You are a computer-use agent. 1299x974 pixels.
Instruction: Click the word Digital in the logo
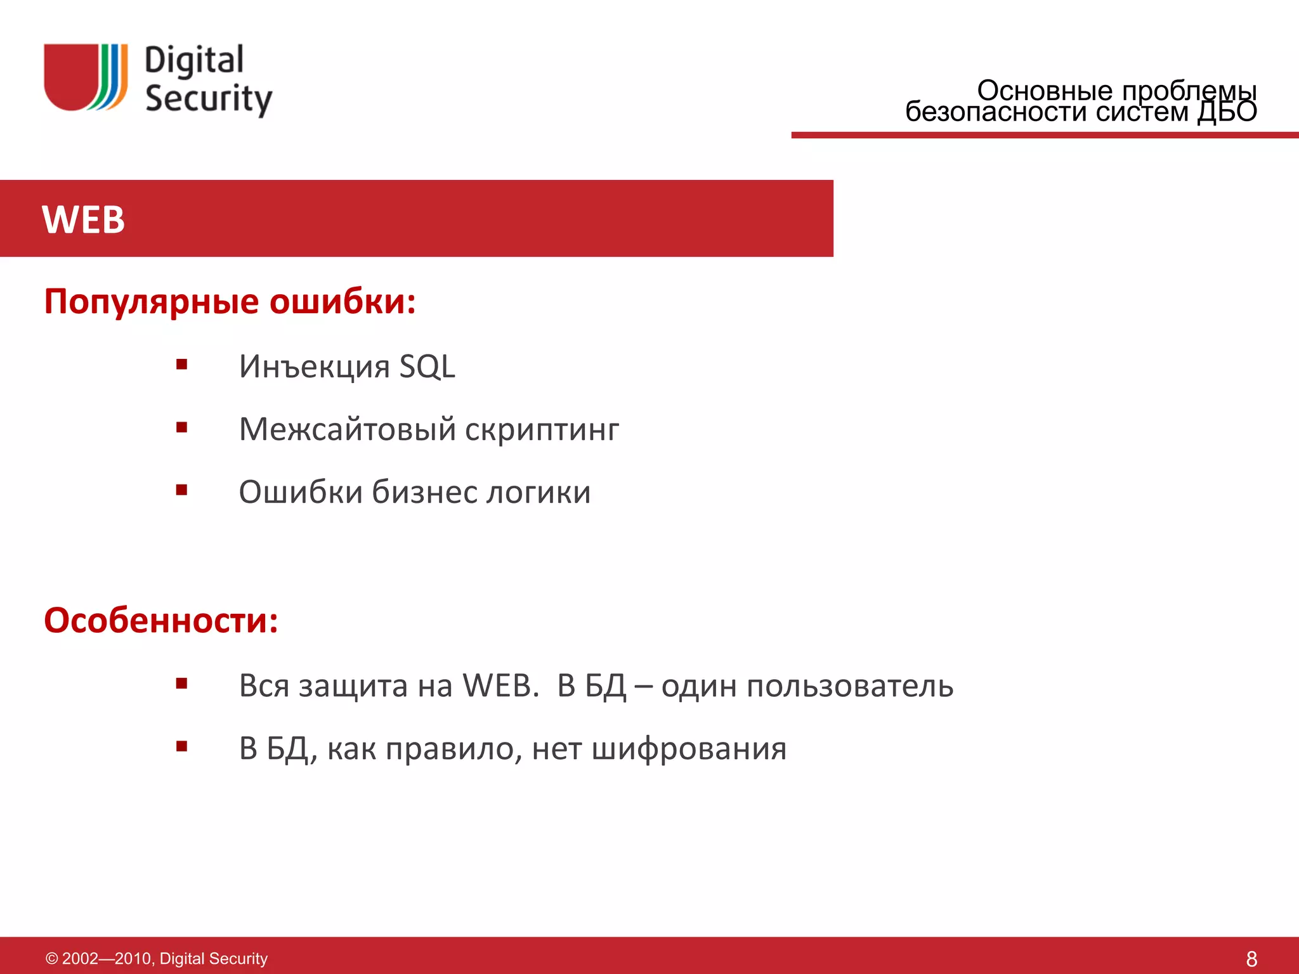pyautogui.click(x=194, y=61)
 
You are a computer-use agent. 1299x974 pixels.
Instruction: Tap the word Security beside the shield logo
pyautogui.click(x=209, y=99)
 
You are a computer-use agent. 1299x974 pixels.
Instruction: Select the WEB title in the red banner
pyautogui.click(x=83, y=219)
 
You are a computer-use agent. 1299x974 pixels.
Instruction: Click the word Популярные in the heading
pyautogui.click(x=152, y=301)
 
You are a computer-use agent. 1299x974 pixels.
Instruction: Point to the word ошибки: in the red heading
pyautogui.click(x=343, y=301)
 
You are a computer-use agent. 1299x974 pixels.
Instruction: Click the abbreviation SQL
pyautogui.click(x=427, y=367)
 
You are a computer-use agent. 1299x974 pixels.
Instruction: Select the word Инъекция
pyautogui.click(x=314, y=367)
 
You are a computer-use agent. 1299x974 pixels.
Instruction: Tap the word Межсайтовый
pyautogui.click(x=348, y=429)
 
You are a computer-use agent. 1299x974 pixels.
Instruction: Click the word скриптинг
pyautogui.click(x=542, y=429)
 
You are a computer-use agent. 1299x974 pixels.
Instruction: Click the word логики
pyautogui.click(x=539, y=492)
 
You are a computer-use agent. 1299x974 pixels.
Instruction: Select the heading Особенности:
pyautogui.click(x=161, y=620)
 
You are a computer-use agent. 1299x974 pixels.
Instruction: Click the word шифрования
pyautogui.click(x=689, y=749)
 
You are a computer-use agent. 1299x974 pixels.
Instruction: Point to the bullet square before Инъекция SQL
pyautogui.click(x=182, y=365)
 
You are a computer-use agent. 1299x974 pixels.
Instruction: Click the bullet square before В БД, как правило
pyautogui.click(x=182, y=746)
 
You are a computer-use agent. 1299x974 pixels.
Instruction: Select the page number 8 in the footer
pyautogui.click(x=1251, y=958)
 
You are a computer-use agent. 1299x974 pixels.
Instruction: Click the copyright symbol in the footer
pyautogui.click(x=52, y=958)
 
